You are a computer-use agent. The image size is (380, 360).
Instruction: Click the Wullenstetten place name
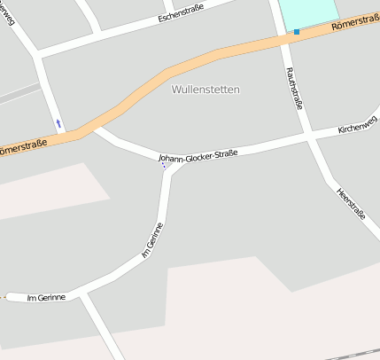(206, 90)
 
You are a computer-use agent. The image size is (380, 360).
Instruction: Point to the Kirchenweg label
(357, 129)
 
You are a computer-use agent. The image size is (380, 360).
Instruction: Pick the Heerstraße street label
(351, 202)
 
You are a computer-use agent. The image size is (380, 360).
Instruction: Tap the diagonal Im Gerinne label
(153, 240)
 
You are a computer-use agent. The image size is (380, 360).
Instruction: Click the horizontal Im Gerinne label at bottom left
(46, 297)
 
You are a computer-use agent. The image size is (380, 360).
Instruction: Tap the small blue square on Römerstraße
(296, 32)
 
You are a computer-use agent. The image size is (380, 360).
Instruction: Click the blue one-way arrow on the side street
(59, 122)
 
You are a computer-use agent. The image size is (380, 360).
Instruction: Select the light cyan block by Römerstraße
(308, 12)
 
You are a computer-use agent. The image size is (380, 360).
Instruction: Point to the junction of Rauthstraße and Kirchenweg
(307, 137)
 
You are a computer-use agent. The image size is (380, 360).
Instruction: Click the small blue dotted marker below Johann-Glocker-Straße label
(164, 164)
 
